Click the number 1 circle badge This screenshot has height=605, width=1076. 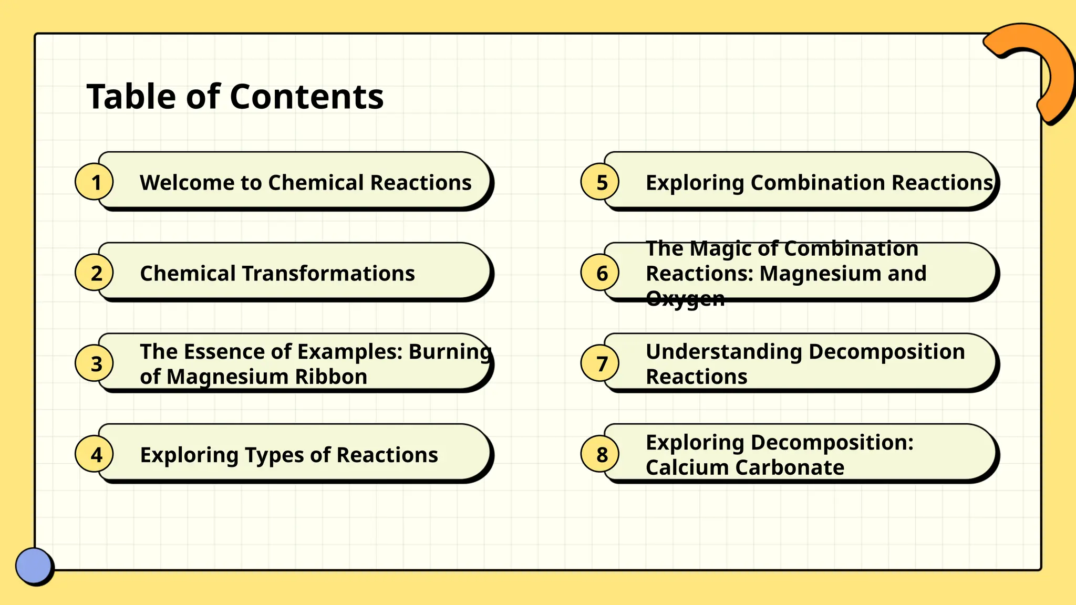click(x=95, y=182)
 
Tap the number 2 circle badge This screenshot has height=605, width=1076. click(x=95, y=273)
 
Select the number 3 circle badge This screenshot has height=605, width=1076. click(x=95, y=363)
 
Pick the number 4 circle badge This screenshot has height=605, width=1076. click(x=95, y=454)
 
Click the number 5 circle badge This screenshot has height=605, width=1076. click(x=601, y=182)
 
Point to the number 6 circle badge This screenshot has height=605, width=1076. click(x=601, y=273)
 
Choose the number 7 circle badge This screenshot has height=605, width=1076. click(x=601, y=363)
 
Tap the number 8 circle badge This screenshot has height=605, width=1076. click(x=601, y=454)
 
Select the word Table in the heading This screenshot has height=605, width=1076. click(x=131, y=97)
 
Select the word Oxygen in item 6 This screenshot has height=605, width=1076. click(x=685, y=298)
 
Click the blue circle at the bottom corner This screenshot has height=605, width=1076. click(x=34, y=566)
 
